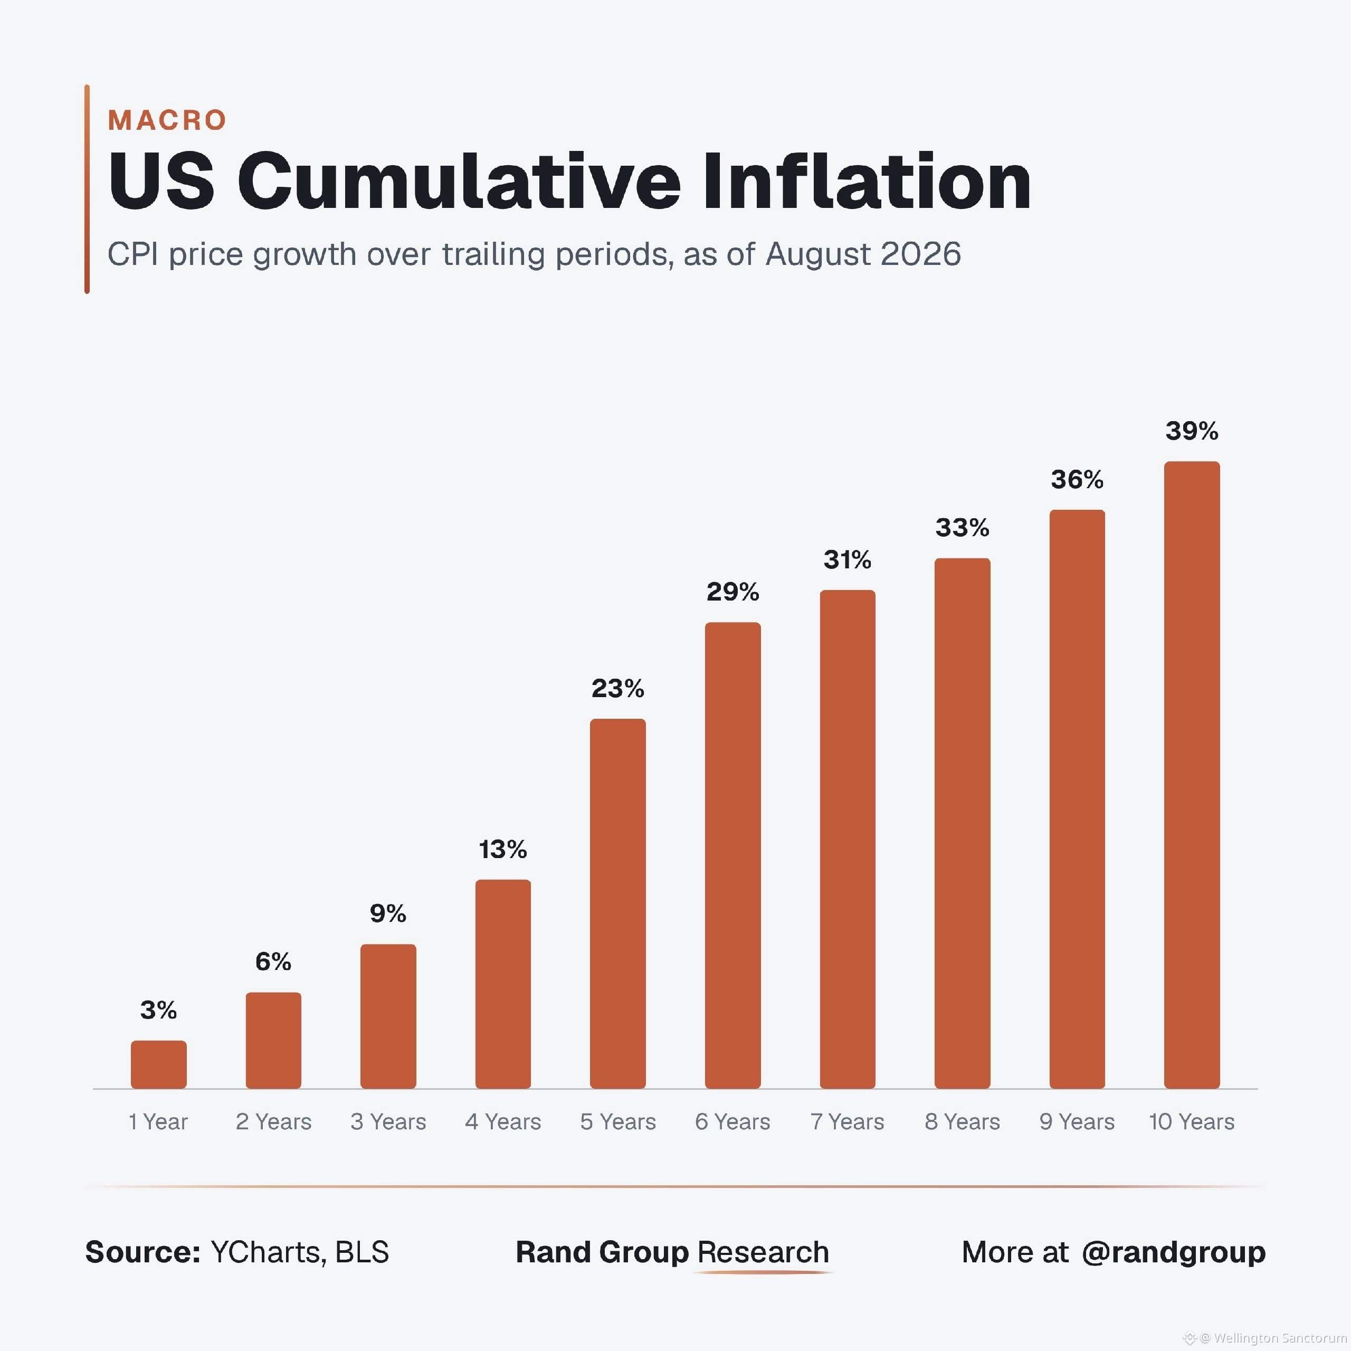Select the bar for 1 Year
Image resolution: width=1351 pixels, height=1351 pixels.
(x=159, y=1064)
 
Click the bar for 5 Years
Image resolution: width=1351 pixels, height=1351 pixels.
(x=617, y=903)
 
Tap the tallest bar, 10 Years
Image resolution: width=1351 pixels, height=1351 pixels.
(x=1192, y=775)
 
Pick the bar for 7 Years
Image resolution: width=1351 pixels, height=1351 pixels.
(x=848, y=839)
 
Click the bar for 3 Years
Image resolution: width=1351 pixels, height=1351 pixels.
(x=388, y=1016)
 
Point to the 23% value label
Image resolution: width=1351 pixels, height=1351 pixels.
(x=617, y=689)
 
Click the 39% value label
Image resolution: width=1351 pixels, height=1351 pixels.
(x=1192, y=431)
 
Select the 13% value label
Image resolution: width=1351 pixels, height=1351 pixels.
(x=503, y=850)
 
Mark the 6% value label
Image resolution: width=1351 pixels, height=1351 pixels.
(x=273, y=962)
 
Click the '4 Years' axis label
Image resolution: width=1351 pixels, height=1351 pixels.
(x=503, y=1121)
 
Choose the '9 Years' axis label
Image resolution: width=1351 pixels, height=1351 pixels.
(x=1077, y=1121)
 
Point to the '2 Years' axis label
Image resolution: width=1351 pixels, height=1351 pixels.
(x=273, y=1121)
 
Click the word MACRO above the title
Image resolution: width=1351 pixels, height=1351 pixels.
(x=167, y=120)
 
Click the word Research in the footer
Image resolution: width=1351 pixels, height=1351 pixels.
(x=763, y=1252)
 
